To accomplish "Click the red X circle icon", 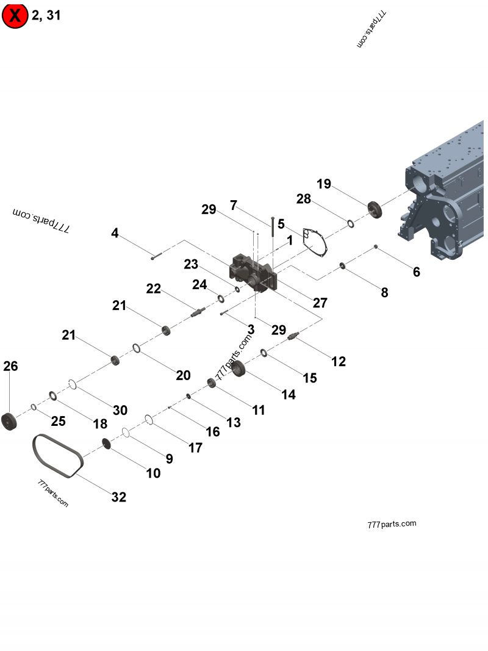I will (x=15, y=15).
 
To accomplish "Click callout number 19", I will (x=323, y=184).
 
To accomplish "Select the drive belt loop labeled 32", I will (x=57, y=455).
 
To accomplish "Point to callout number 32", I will (x=119, y=497).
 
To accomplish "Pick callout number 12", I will (x=339, y=361).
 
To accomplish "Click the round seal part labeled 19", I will (x=374, y=209).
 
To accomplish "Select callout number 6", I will (x=417, y=272).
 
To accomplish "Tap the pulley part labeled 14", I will (x=238, y=368).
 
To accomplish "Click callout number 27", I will (x=320, y=303).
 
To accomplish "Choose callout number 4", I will (x=115, y=233).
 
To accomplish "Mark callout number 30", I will (x=120, y=410).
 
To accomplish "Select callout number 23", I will (x=191, y=264).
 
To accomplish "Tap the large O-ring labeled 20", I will (x=137, y=348).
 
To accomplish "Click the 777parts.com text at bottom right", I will (x=392, y=524).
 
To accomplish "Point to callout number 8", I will (x=384, y=292).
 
